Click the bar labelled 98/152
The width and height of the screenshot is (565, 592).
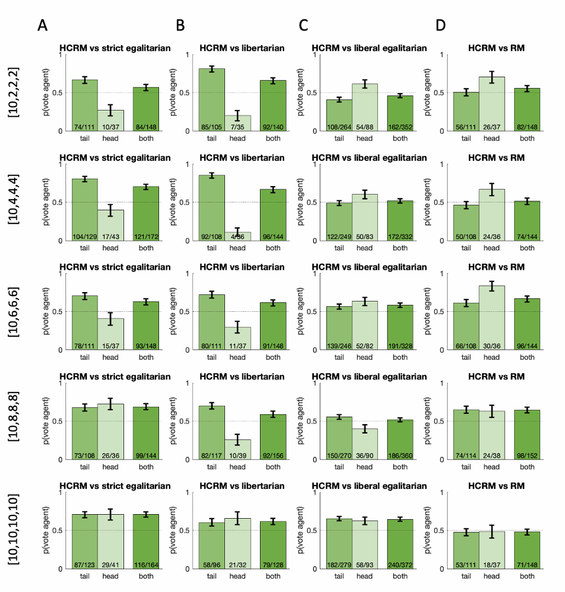point(527,435)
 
